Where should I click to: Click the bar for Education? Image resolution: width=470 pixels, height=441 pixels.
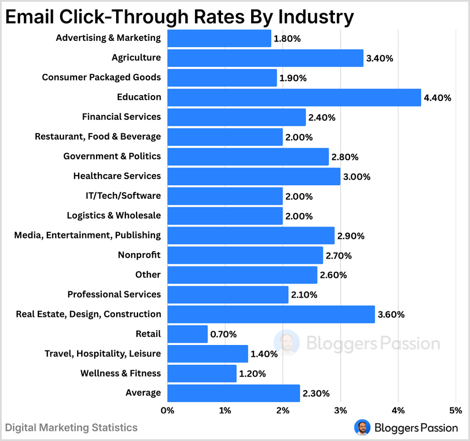pos(294,97)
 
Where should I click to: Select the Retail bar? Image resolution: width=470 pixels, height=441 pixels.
pos(187,334)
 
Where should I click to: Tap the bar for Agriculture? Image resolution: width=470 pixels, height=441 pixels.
pos(265,58)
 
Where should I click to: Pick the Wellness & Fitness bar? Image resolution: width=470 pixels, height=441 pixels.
pos(202,373)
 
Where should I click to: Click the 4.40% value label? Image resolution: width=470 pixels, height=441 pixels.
pos(437,98)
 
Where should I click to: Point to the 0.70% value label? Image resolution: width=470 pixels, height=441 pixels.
pos(224,334)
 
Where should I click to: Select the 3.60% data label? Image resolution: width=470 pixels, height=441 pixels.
pos(391,315)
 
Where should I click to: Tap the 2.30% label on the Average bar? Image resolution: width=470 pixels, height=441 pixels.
pos(316,393)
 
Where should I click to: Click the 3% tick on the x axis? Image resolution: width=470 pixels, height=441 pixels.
pos(340,410)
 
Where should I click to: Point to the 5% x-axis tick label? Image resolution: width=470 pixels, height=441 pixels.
pos(455,410)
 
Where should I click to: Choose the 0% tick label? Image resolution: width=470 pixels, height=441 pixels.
pos(168,410)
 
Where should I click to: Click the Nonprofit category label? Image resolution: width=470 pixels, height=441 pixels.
pos(139,254)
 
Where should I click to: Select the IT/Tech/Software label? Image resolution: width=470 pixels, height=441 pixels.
pos(120,196)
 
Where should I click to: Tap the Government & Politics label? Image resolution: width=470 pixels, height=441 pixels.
pos(112,156)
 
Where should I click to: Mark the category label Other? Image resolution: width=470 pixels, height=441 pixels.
pos(148,275)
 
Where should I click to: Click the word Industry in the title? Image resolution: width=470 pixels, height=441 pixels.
pos(316,17)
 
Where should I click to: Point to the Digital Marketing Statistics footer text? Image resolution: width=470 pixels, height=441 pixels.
pos(71,428)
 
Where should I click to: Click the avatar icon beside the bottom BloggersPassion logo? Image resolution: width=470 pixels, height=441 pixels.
pos(362,428)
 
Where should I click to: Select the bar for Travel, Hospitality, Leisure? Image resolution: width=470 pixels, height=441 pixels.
pos(207,354)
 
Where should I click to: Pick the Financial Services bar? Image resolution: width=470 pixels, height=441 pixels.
pos(236,117)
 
